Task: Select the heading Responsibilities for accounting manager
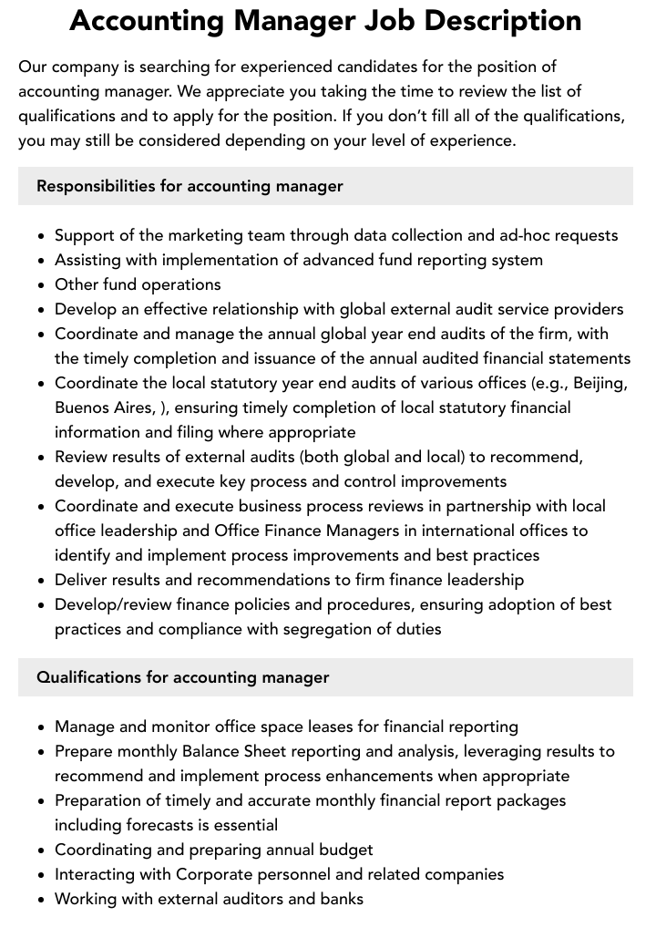click(190, 186)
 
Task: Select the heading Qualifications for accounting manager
click(182, 677)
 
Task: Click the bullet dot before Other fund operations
click(42, 285)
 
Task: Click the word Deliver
click(81, 580)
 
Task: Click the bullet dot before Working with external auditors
click(42, 900)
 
